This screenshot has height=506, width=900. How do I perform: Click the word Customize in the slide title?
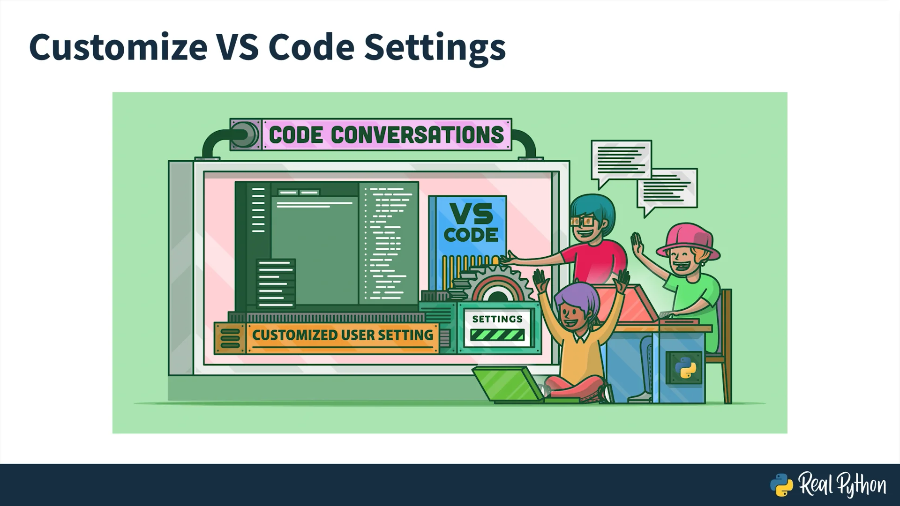point(118,47)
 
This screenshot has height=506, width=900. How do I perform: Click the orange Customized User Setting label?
point(342,335)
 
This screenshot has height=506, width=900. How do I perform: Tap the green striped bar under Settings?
point(497,335)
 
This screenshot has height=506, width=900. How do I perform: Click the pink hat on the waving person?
point(687,240)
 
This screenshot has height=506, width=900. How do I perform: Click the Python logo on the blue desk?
point(684,368)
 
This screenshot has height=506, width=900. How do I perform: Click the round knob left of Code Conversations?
point(246,134)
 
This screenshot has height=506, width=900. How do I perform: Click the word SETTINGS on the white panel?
point(497,319)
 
